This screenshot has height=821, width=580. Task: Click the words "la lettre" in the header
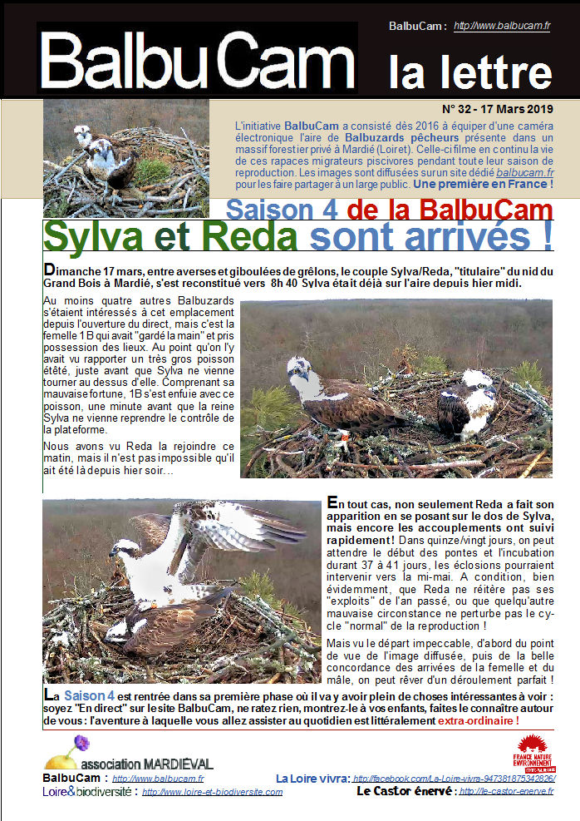click(469, 72)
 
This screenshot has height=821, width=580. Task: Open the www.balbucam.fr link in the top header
click(502, 27)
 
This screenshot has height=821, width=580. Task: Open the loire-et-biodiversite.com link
click(212, 792)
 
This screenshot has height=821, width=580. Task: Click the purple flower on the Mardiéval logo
click(81, 743)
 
